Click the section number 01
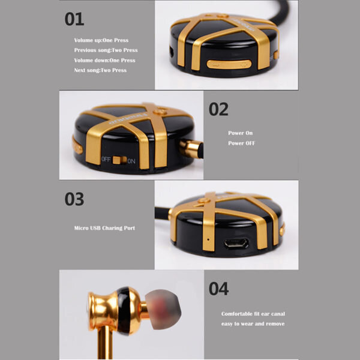74,19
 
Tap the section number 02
218,109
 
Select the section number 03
74,199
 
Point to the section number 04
218,289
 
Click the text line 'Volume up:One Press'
101,40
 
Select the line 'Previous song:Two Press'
106,50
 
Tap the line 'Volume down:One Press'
104,61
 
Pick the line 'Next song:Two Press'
100,70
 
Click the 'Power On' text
241,133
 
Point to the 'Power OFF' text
242,143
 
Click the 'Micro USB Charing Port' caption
104,228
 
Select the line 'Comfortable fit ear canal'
253,314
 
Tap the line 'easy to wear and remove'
253,324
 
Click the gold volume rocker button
229,64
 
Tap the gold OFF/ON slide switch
119,160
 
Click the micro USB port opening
236,244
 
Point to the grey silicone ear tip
163,309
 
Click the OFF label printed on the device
106,159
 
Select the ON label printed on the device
131,161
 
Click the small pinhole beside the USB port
208,239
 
